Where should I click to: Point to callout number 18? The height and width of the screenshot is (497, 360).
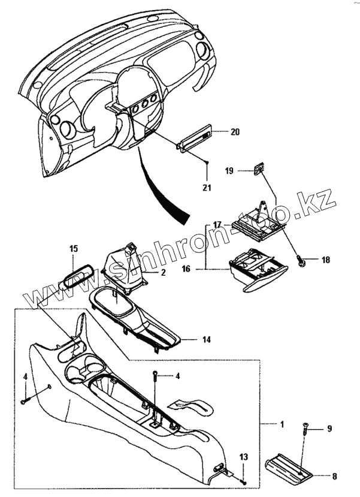tap(325, 260)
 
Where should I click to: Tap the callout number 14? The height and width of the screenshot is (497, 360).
tap(206, 340)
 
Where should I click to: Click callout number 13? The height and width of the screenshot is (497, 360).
tap(243, 458)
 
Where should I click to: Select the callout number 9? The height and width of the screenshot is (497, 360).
tap(328, 429)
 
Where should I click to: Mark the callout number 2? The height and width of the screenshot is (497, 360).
tap(162, 273)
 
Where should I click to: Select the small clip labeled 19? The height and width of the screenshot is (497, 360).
tap(259, 169)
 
